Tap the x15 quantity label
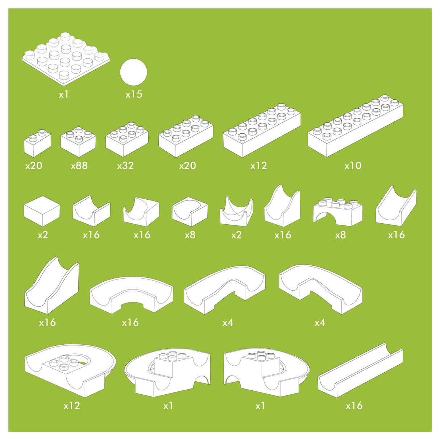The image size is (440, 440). (134, 95)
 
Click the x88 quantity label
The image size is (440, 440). (79, 166)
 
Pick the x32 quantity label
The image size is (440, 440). (125, 166)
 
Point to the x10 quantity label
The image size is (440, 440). (353, 166)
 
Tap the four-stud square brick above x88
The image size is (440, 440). (78, 142)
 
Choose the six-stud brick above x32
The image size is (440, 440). (127, 139)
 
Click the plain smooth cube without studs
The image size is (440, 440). (42, 211)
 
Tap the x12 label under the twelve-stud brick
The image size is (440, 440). (258, 166)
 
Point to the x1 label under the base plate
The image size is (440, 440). (64, 95)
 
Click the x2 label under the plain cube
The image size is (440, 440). (43, 235)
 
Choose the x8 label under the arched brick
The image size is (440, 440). (340, 235)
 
